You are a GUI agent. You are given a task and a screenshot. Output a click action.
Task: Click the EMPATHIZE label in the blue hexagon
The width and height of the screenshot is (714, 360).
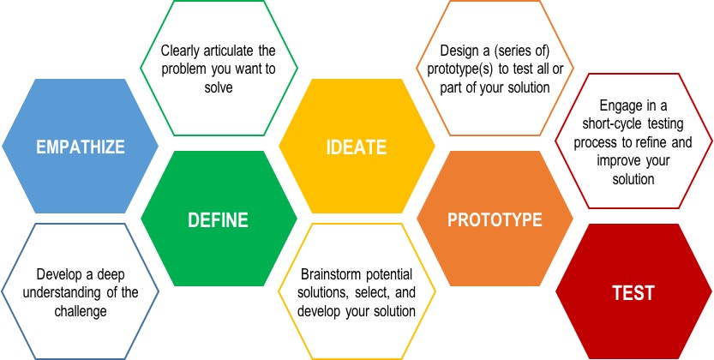click(x=81, y=147)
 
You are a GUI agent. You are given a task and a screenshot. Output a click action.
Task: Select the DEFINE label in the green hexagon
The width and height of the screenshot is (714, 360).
click(x=218, y=219)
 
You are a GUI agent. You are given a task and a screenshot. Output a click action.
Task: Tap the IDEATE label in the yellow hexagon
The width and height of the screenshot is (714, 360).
click(x=357, y=147)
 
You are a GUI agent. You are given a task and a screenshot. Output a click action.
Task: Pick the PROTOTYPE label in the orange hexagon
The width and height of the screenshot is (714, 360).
click(x=495, y=219)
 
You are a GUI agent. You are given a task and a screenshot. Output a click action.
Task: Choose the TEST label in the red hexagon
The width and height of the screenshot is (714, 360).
click(x=633, y=292)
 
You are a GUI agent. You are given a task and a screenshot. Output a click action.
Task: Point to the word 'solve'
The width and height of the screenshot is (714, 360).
click(x=219, y=87)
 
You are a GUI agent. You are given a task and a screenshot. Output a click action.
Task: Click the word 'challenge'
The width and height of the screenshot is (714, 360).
click(x=81, y=311)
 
